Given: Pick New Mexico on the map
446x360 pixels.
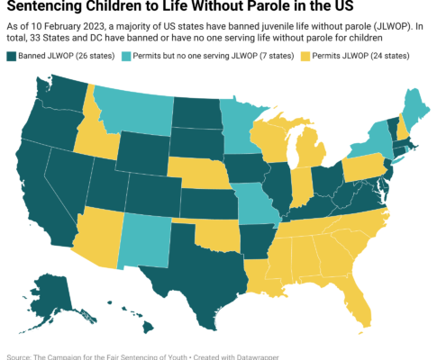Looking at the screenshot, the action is (144, 241).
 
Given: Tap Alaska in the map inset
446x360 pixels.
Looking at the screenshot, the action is (51, 300).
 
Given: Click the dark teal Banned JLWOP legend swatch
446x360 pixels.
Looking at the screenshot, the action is (11, 57).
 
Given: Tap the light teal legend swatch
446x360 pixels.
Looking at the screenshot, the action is (126, 57).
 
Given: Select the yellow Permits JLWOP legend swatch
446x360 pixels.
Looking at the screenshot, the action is (305, 57).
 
